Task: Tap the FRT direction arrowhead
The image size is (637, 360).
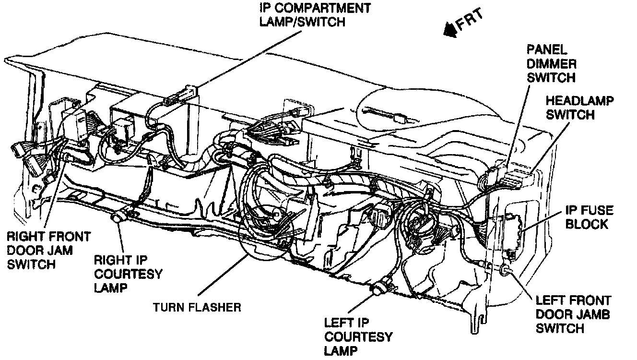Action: (x=450, y=30)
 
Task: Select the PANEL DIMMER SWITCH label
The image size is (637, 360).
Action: (x=551, y=63)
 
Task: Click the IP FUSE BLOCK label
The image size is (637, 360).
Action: (x=588, y=217)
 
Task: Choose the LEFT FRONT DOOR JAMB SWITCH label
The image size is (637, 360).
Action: (x=573, y=314)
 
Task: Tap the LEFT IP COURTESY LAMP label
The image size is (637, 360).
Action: (x=358, y=336)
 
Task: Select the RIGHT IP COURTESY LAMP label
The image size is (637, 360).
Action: (x=127, y=274)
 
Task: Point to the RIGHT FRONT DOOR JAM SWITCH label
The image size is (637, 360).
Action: (x=48, y=250)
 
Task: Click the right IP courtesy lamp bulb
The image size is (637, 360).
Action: (x=117, y=219)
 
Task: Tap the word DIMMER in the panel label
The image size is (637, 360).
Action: (x=551, y=63)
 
